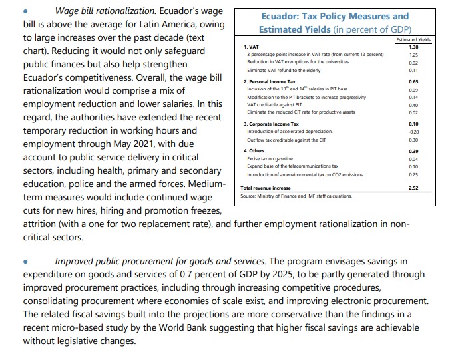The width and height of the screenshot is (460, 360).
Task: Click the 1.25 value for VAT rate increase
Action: (413, 55)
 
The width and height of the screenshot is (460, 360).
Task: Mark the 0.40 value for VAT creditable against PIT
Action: (413, 105)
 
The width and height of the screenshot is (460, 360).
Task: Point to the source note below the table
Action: (296, 196)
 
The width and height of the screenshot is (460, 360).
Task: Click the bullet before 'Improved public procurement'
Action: (25, 262)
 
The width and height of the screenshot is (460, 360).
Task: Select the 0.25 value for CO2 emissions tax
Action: (413, 174)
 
